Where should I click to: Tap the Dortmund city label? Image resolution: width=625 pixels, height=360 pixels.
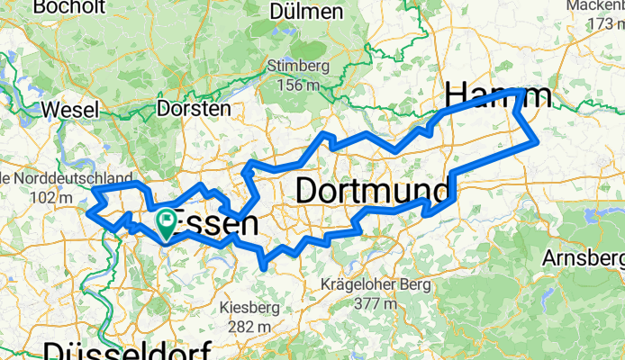(x=372, y=191)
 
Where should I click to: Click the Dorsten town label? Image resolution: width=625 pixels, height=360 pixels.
(x=193, y=108)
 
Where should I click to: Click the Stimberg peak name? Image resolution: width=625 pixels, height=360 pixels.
(x=295, y=66)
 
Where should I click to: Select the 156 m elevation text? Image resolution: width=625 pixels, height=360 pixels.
(x=295, y=85)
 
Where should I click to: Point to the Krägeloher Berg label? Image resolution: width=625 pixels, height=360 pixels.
(x=374, y=284)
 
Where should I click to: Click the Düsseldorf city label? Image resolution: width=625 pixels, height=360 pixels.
(x=126, y=350)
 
